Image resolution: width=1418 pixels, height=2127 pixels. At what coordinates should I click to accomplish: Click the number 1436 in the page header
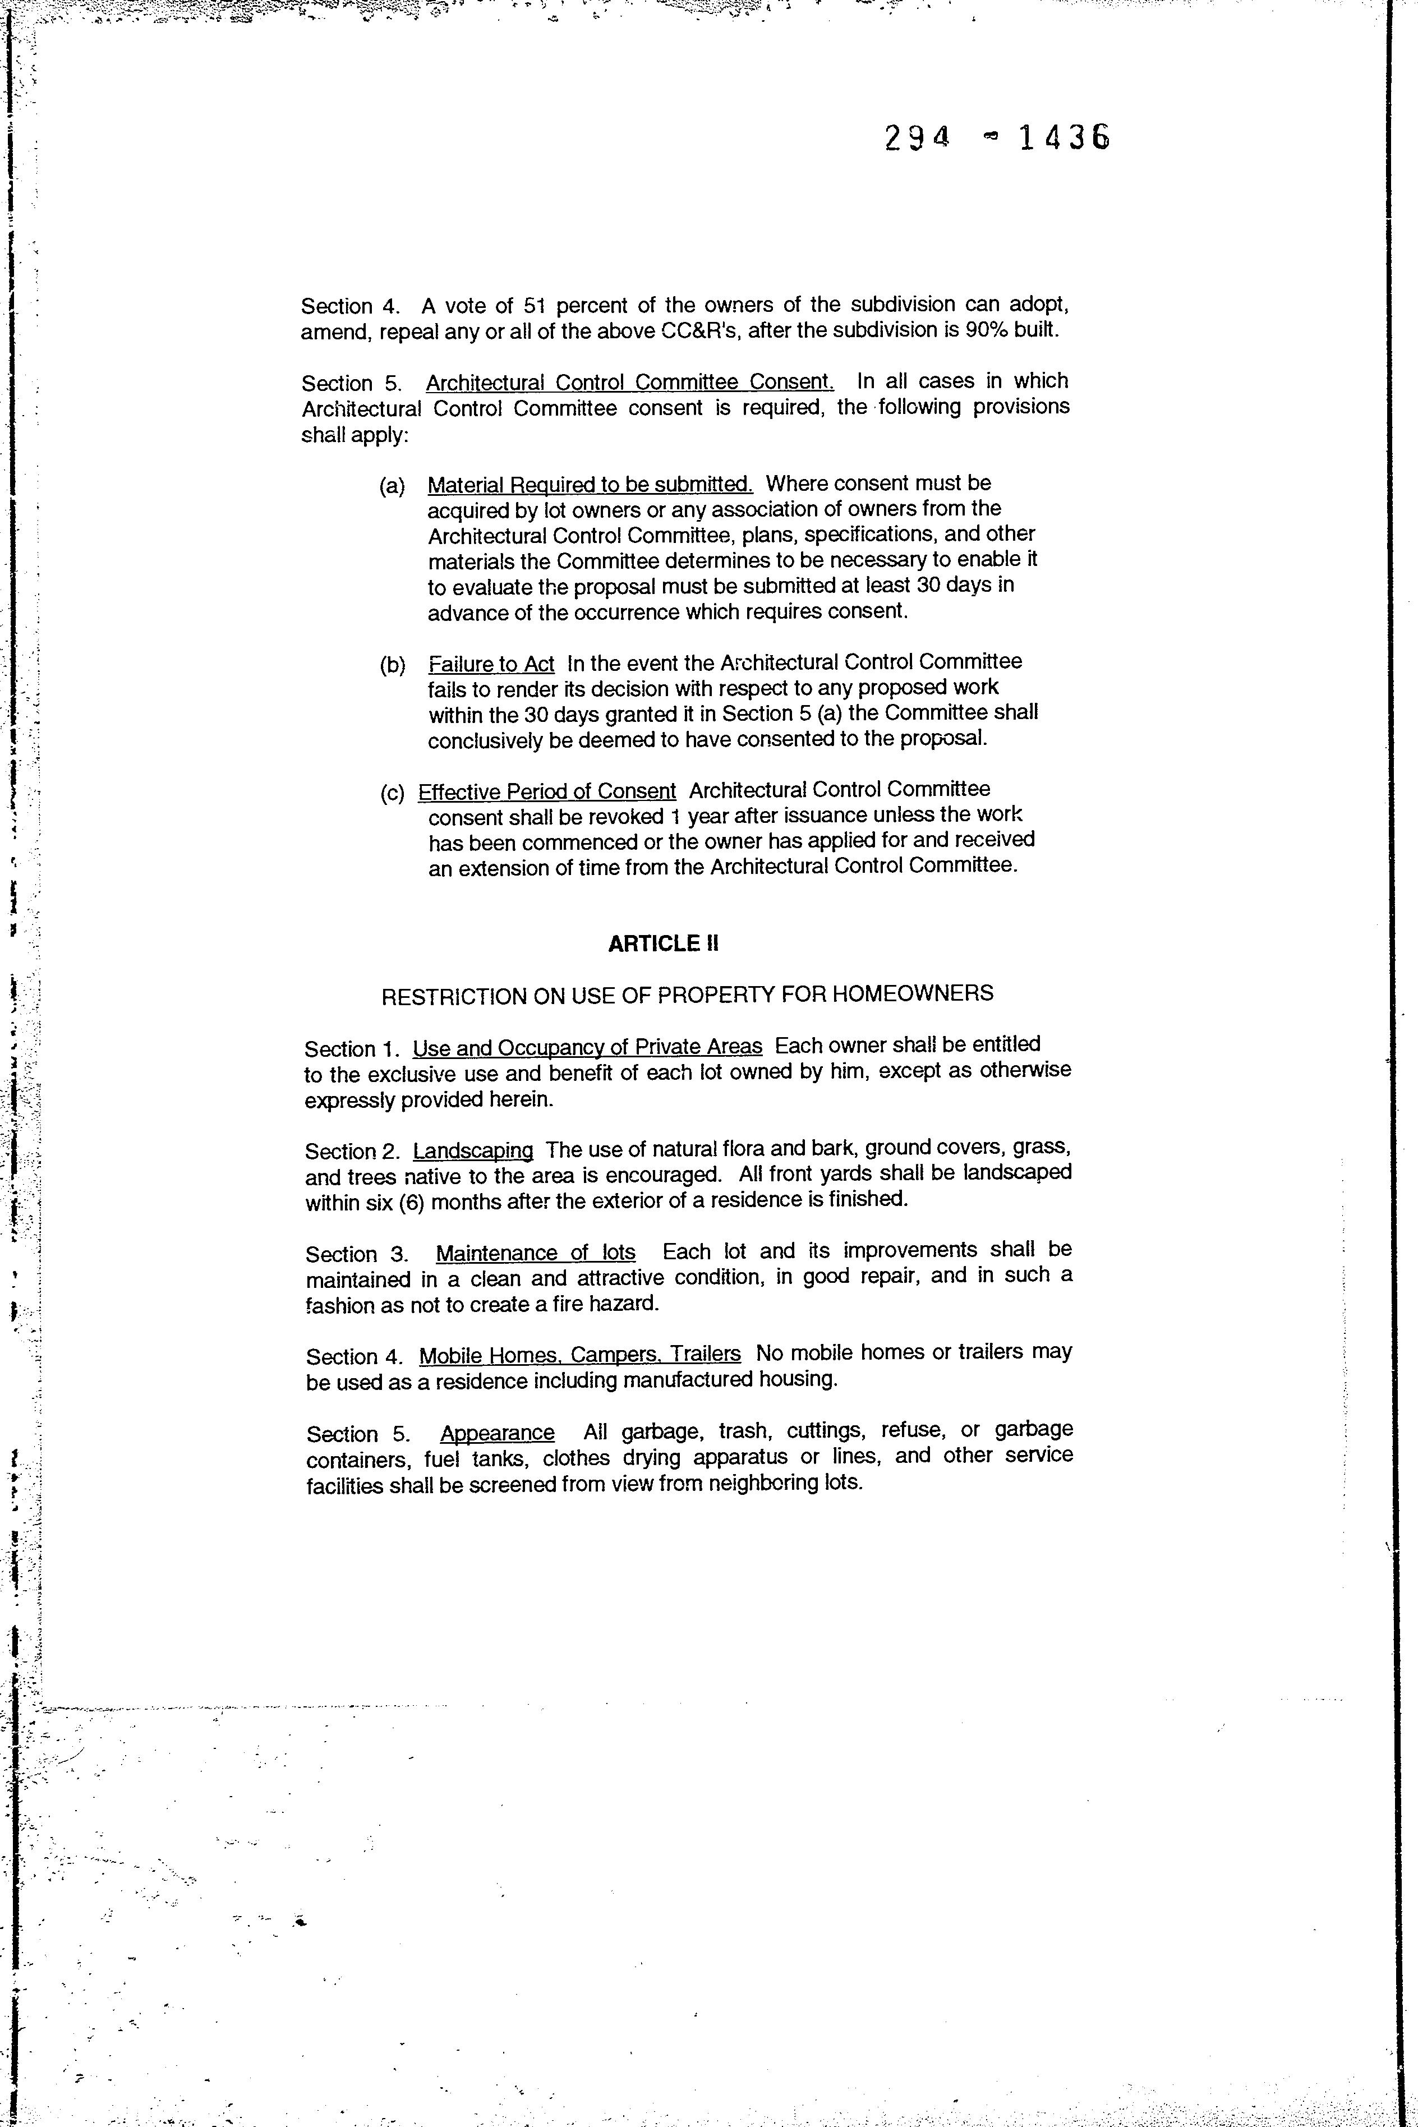[x=1063, y=137]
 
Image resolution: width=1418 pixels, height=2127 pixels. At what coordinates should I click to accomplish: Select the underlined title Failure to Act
[x=491, y=664]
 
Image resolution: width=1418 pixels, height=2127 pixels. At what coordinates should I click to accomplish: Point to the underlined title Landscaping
[x=473, y=1150]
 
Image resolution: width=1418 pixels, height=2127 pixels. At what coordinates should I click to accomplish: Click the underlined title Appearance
[x=498, y=1433]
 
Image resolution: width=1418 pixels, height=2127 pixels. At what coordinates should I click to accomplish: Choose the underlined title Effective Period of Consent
[x=546, y=791]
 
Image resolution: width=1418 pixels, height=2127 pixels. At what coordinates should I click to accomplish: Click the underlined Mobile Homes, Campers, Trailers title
[x=579, y=1354]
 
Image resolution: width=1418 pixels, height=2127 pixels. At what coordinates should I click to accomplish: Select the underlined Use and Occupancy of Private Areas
[x=587, y=1047]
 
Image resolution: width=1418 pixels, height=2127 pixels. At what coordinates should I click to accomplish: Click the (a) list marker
[x=392, y=486]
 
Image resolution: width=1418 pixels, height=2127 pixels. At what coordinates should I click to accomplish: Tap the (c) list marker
[x=392, y=793]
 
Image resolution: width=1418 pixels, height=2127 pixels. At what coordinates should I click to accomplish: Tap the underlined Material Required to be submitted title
[x=590, y=484]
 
